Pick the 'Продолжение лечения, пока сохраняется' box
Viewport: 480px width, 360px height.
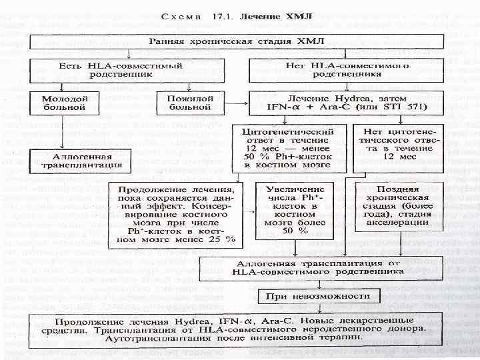point(177,213)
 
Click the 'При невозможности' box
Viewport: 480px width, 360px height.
point(312,296)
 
